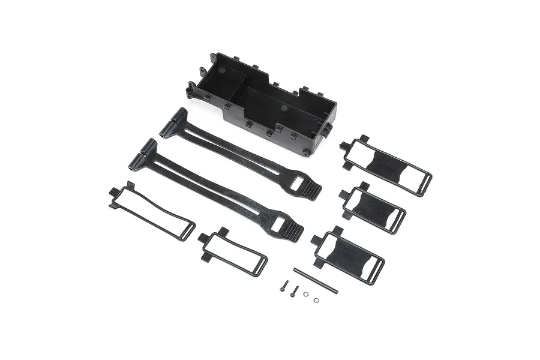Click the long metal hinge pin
pos(316,281)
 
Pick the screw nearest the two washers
pos(293,291)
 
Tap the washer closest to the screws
pos(306,294)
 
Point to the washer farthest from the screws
pos(316,300)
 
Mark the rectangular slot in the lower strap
pos(278,223)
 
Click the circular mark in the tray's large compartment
pos(284,109)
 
